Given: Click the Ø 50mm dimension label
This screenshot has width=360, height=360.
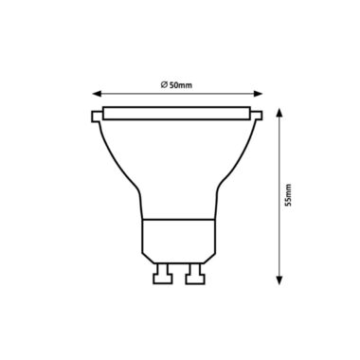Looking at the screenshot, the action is (x=176, y=84).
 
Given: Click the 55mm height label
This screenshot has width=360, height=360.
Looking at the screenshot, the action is (x=288, y=195).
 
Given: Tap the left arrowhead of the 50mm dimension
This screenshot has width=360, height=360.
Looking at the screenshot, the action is (x=97, y=94).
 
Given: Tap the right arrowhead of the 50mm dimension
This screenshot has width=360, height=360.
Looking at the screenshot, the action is (x=259, y=94).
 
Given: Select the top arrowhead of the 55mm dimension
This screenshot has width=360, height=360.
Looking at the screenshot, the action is (x=279, y=113).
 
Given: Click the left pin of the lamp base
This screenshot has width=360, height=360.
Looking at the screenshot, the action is (x=163, y=274).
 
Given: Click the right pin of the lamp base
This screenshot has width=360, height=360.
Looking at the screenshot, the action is (x=195, y=274).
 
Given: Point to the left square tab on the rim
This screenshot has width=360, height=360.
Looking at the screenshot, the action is (x=97, y=117).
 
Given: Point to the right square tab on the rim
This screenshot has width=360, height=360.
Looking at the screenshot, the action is (x=257, y=116).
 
